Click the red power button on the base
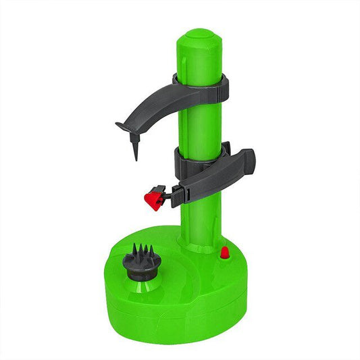click(224, 254)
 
